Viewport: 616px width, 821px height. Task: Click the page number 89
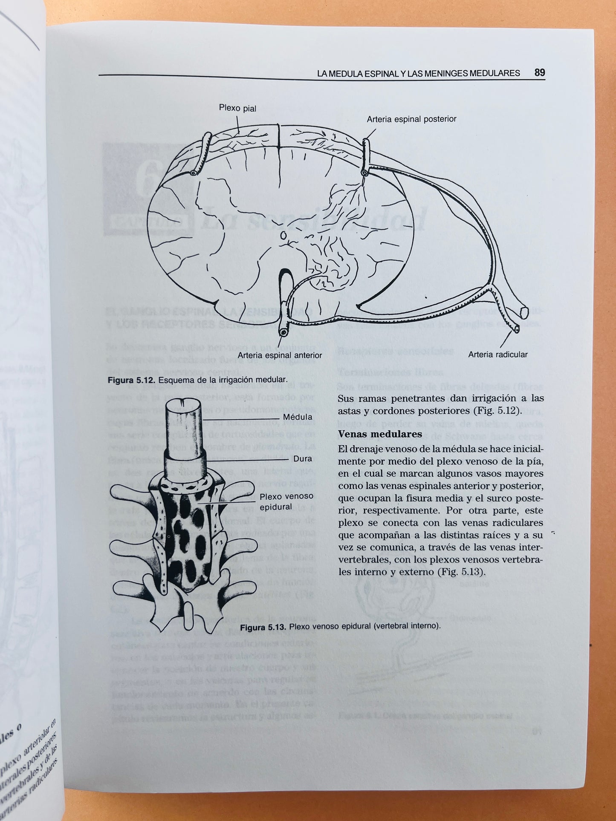point(539,72)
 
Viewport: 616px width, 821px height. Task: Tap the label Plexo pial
point(237,108)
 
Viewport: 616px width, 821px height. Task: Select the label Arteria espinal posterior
point(411,119)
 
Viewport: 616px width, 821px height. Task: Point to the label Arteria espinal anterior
point(280,355)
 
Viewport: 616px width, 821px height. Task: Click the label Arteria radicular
point(497,354)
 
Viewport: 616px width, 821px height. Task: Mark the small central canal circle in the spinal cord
point(282,235)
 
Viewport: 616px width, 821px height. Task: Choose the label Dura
point(303,459)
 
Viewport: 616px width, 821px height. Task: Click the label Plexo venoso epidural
point(286,501)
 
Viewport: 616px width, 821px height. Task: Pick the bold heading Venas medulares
point(380,434)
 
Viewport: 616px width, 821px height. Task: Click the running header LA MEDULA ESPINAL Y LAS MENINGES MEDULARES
point(418,73)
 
